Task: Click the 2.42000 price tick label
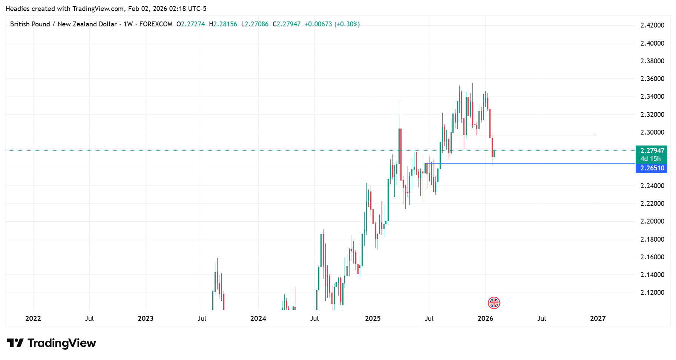click(x=652, y=25)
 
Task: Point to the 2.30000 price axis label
click(x=652, y=132)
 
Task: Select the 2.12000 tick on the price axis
click(x=652, y=293)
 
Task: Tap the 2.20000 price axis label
click(x=652, y=221)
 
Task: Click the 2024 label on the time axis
click(x=258, y=319)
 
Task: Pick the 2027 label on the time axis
click(x=598, y=319)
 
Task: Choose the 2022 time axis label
click(x=33, y=319)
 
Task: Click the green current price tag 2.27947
click(x=652, y=151)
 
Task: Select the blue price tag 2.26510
click(x=652, y=168)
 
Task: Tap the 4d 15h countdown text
click(x=651, y=159)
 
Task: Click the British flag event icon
click(x=494, y=303)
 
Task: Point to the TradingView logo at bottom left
click(x=52, y=343)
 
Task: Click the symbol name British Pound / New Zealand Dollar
click(x=63, y=24)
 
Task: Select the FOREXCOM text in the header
click(x=156, y=24)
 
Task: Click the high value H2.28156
click(x=223, y=24)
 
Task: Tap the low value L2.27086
click(x=255, y=24)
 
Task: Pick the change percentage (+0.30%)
click(x=347, y=24)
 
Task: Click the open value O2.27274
click(x=191, y=24)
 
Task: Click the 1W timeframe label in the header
click(x=128, y=24)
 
